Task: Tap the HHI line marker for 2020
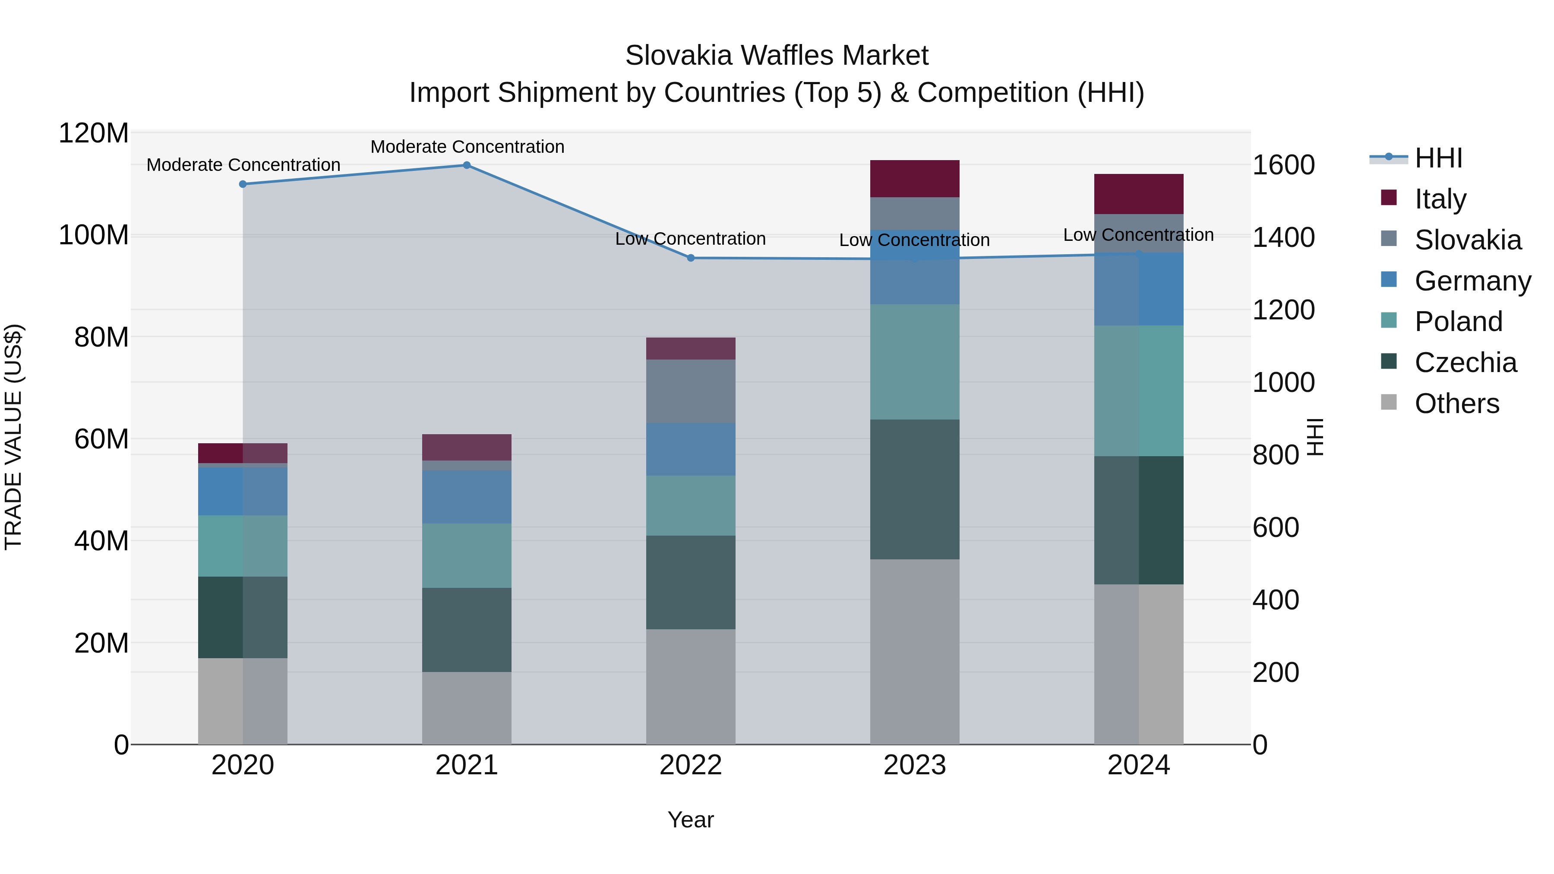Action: pos(243,184)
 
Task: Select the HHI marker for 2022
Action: pos(691,258)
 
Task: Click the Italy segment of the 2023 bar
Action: pos(915,179)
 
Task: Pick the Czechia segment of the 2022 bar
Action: pos(691,582)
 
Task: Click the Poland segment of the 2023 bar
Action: pos(915,362)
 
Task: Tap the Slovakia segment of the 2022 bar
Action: pos(691,391)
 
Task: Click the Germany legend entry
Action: pos(1472,281)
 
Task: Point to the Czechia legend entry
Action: pos(1465,363)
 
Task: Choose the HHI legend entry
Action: pos(1438,158)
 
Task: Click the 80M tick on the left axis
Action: pos(101,337)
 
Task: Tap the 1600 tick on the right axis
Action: pos(1284,165)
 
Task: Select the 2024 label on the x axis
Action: pos(1138,765)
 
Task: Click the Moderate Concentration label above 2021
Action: pos(467,147)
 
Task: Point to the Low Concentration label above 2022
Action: pos(690,239)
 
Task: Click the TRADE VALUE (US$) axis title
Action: pos(13,437)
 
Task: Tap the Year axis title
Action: pos(690,820)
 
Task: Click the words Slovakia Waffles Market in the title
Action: pos(777,56)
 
